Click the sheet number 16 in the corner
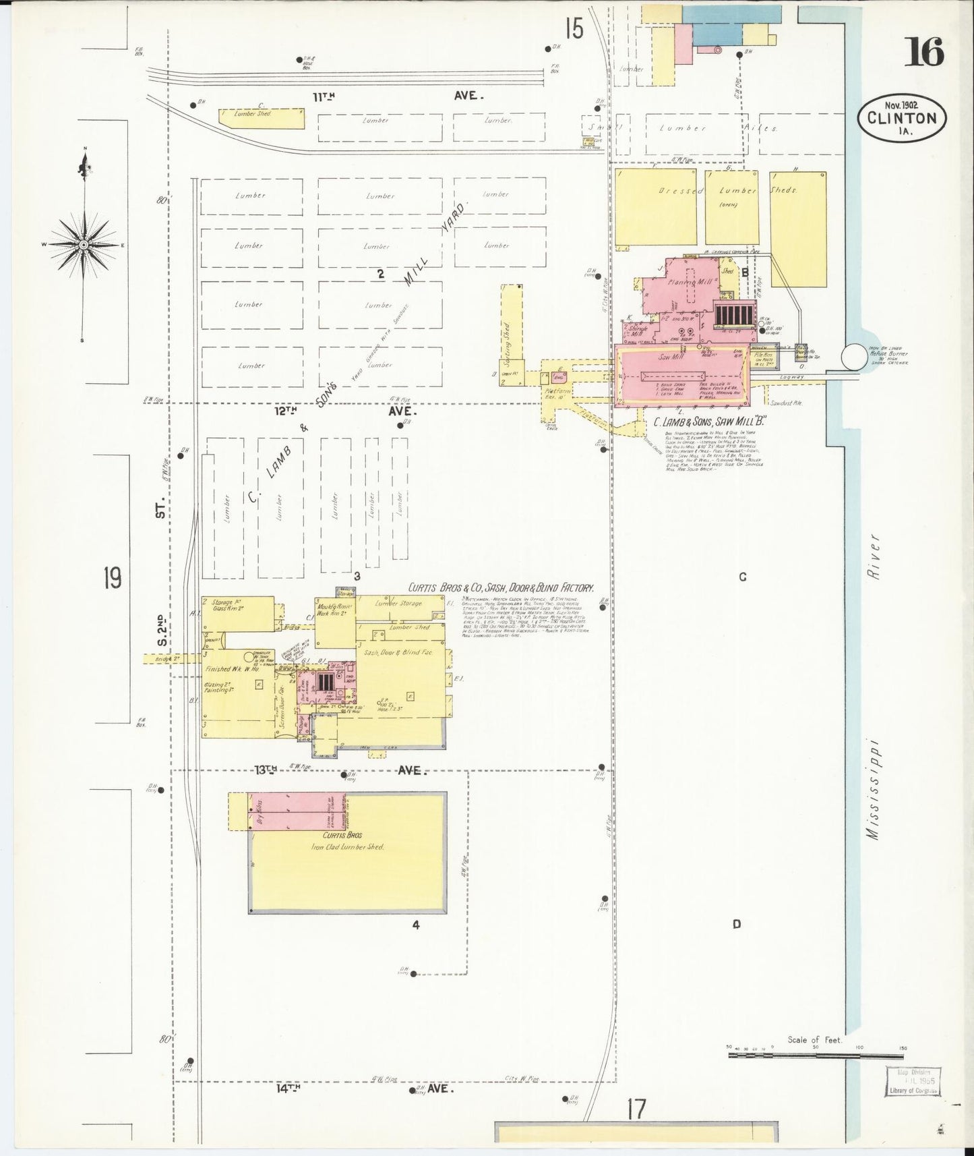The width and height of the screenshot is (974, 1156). click(924, 52)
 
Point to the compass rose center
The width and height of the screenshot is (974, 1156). click(83, 243)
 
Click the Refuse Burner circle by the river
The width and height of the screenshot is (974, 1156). click(855, 357)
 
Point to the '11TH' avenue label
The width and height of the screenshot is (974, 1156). click(324, 96)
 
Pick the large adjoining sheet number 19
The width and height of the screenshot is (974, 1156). click(113, 577)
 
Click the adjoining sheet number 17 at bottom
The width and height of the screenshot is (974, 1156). click(636, 1108)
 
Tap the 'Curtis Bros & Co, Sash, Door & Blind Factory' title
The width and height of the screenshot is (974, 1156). click(501, 588)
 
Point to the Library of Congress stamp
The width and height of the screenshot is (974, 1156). click(913, 1081)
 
